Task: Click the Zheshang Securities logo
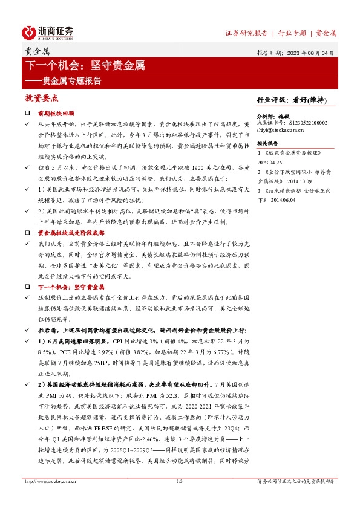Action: [x=49, y=31]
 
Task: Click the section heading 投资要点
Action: [x=41, y=97]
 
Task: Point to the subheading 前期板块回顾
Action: [x=56, y=113]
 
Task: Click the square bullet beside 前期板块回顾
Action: [x=27, y=113]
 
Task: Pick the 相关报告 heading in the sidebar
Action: [x=267, y=143]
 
